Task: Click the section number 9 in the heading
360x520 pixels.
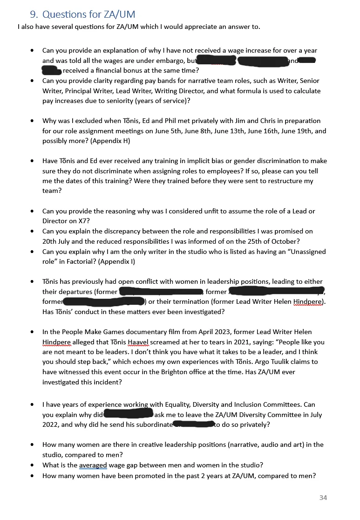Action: (x=34, y=14)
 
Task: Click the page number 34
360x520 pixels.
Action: (x=323, y=498)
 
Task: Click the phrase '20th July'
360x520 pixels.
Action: (x=57, y=241)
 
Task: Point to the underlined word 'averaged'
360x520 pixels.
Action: (x=93, y=465)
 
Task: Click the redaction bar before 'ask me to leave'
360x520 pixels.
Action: (x=129, y=414)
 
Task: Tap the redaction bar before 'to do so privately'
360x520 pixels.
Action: (x=193, y=424)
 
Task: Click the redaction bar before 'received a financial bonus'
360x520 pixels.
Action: (x=51, y=71)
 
